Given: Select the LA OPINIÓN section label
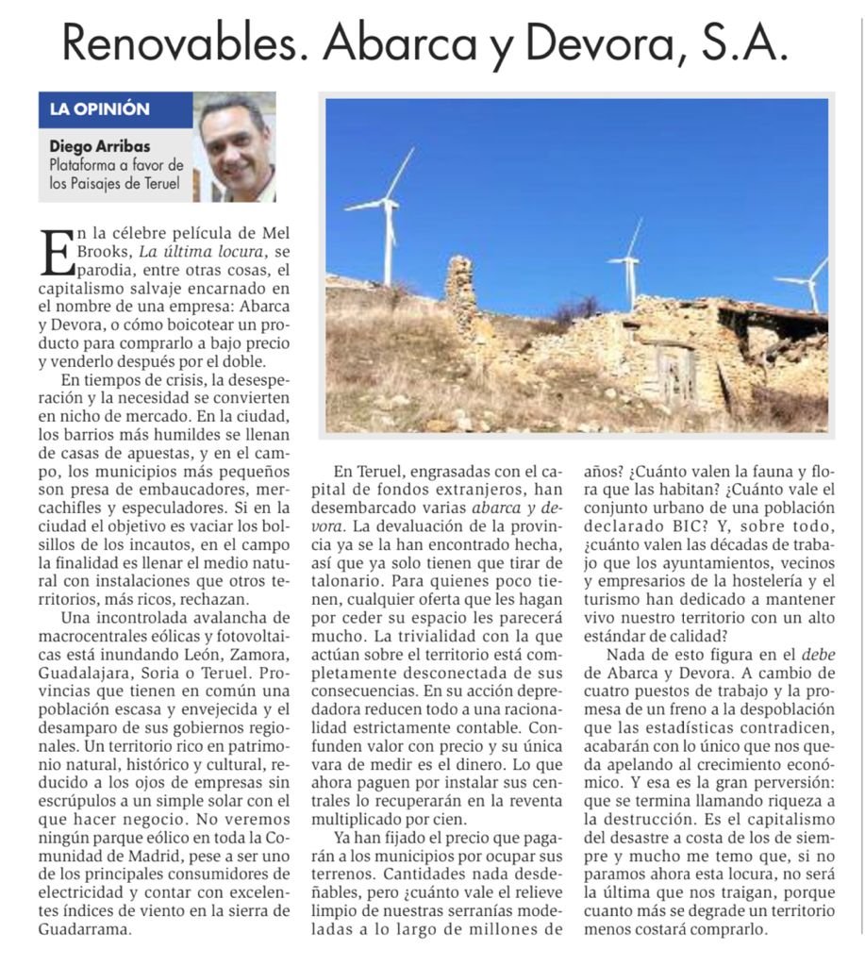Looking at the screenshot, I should [100, 109].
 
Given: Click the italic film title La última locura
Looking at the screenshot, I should [201, 251].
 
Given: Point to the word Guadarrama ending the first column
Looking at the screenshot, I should [85, 928].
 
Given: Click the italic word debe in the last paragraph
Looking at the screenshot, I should [818, 655].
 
